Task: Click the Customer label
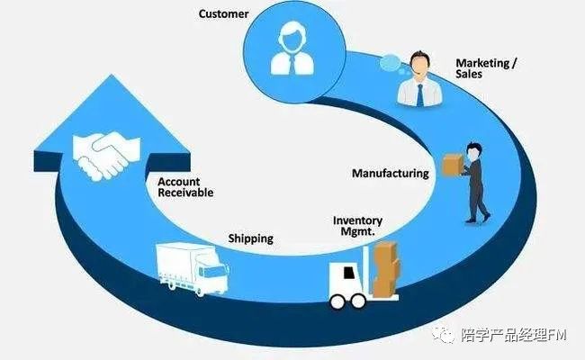(224, 13)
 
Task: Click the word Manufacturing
(390, 173)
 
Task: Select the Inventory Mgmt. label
(357, 226)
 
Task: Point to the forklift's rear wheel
(339, 300)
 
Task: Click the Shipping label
(250, 239)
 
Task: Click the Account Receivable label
(184, 186)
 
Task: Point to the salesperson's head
(419, 64)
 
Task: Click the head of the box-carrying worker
(473, 148)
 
